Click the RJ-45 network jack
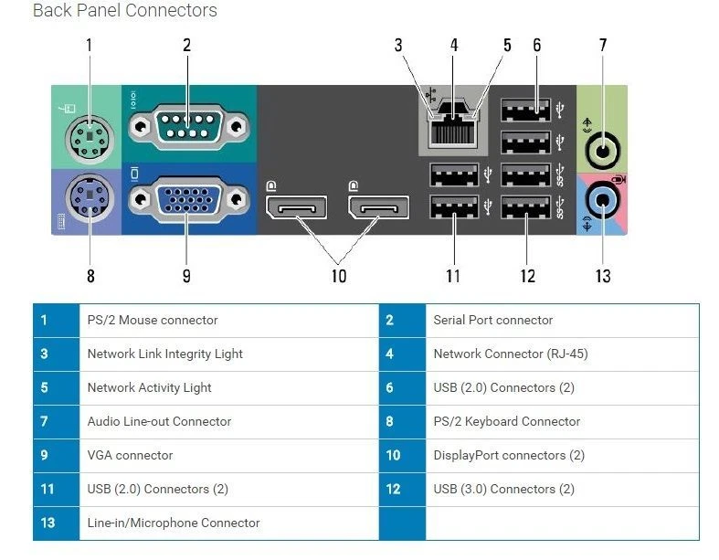453,128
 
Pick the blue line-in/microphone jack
602,196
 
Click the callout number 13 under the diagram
602,275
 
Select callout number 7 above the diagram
602,44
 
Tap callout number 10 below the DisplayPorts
339,275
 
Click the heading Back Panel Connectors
125,11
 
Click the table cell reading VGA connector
130,455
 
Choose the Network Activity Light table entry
149,387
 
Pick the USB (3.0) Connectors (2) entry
503,489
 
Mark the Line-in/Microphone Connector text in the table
174,523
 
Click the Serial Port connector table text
493,320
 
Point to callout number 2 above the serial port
186,44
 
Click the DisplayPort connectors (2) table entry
509,455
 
